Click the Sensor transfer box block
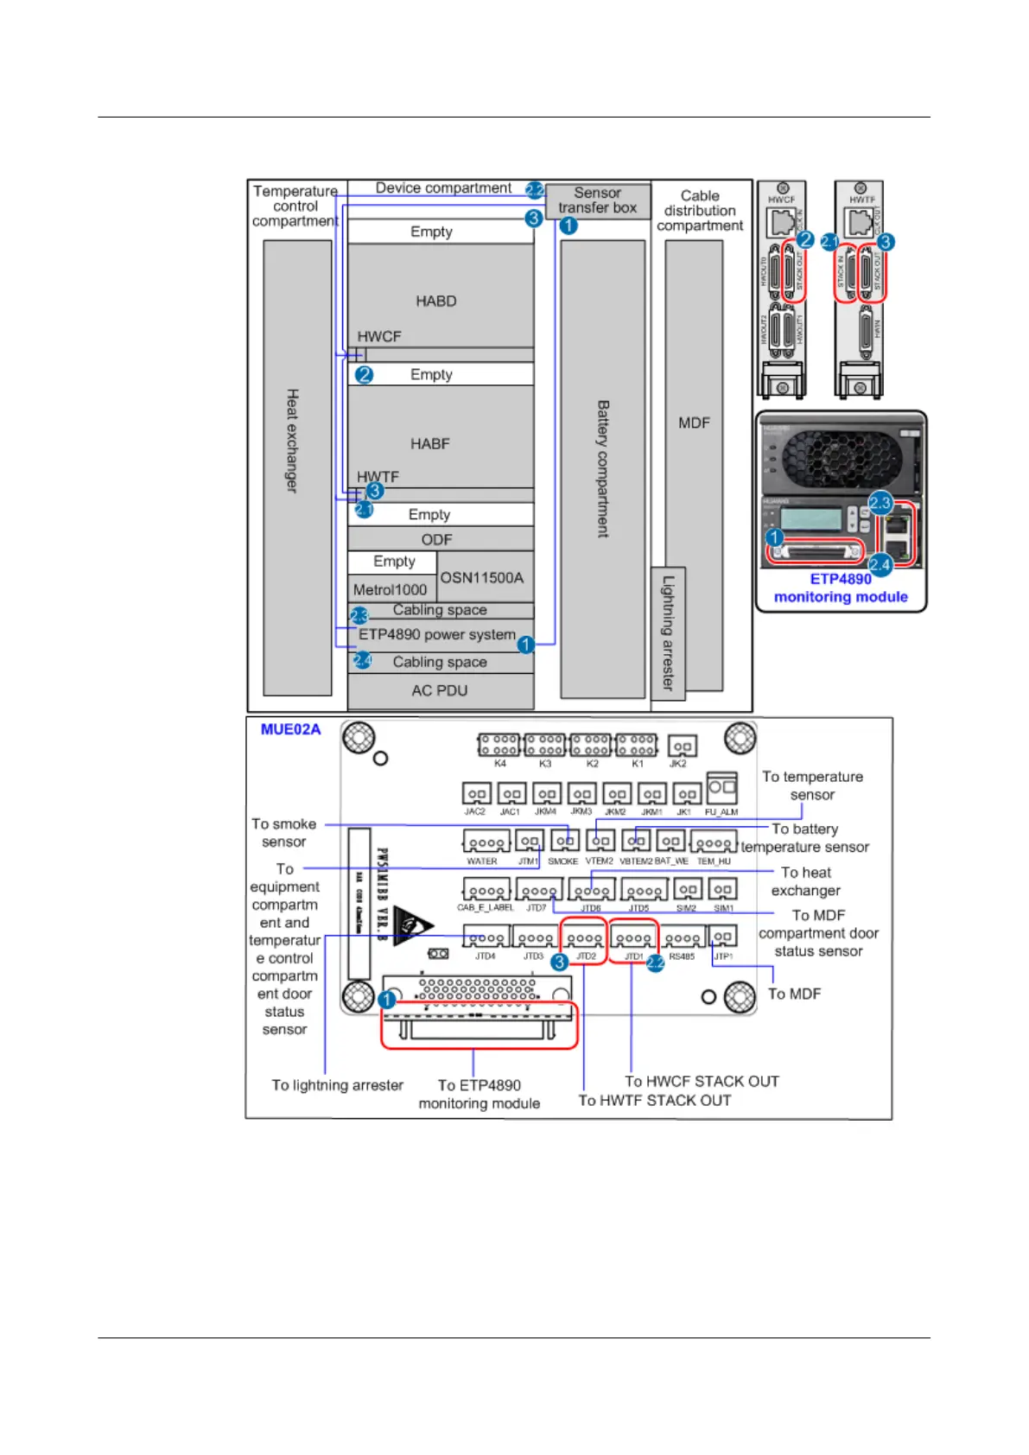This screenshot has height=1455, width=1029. tap(597, 200)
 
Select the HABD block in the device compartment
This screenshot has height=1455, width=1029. tap(436, 301)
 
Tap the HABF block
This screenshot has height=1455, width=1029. tap(430, 443)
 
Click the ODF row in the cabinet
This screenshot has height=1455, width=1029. tap(437, 539)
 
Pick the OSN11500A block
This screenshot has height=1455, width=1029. tap(482, 577)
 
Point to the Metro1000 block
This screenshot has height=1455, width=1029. tap(391, 589)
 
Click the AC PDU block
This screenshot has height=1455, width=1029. tap(440, 690)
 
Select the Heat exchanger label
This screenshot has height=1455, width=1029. tap(293, 441)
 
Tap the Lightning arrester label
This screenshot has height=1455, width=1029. tap(668, 632)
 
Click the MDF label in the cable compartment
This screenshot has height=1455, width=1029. tap(694, 423)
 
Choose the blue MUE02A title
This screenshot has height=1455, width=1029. tap(290, 729)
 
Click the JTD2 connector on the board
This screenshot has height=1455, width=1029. tap(584, 939)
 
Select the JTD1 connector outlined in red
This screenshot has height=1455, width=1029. tap(633, 939)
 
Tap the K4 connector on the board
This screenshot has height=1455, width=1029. tap(499, 745)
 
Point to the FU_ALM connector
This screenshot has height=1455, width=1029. tap(721, 789)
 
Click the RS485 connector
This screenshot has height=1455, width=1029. tap(683, 939)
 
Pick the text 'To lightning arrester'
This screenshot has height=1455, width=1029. tap(337, 1085)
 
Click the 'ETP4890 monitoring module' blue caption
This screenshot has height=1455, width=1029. tap(841, 588)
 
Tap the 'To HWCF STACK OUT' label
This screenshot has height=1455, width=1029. tap(702, 1081)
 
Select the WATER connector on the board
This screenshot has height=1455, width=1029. tap(484, 843)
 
